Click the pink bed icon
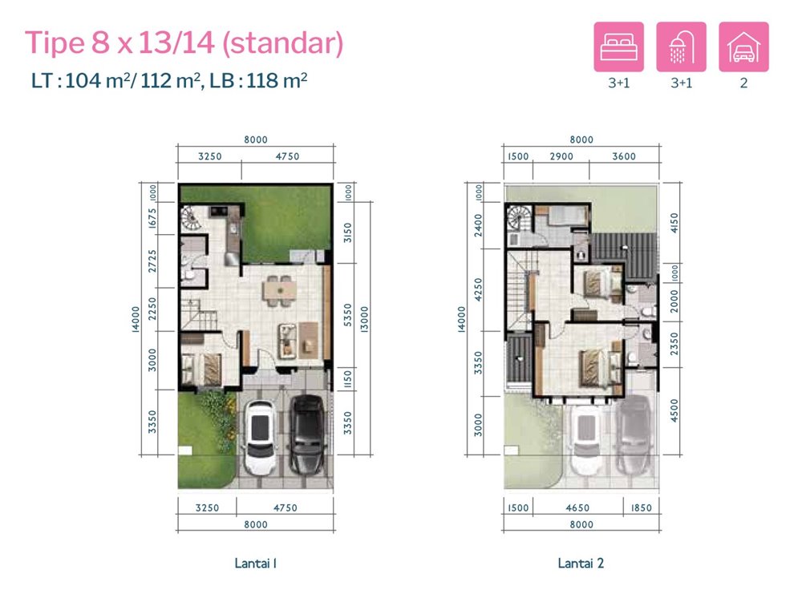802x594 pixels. click(x=618, y=46)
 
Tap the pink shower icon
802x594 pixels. click(x=681, y=46)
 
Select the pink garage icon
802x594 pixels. click(x=743, y=46)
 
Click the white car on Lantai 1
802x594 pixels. click(x=261, y=437)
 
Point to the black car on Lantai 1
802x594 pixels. click(x=307, y=434)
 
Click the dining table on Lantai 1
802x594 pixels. click(x=279, y=291)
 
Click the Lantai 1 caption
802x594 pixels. click(x=255, y=564)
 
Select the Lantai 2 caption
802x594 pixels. click(x=581, y=564)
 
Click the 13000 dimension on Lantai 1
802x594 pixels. click(x=364, y=320)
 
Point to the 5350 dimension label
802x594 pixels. click(x=348, y=315)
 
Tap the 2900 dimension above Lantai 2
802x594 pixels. click(x=561, y=156)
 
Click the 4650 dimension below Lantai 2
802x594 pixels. click(x=577, y=507)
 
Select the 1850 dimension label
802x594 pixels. click(x=641, y=507)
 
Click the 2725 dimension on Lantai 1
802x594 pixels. click(x=152, y=261)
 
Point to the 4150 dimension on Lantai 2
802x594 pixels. click(x=674, y=223)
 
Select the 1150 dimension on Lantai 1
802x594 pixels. click(x=348, y=379)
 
